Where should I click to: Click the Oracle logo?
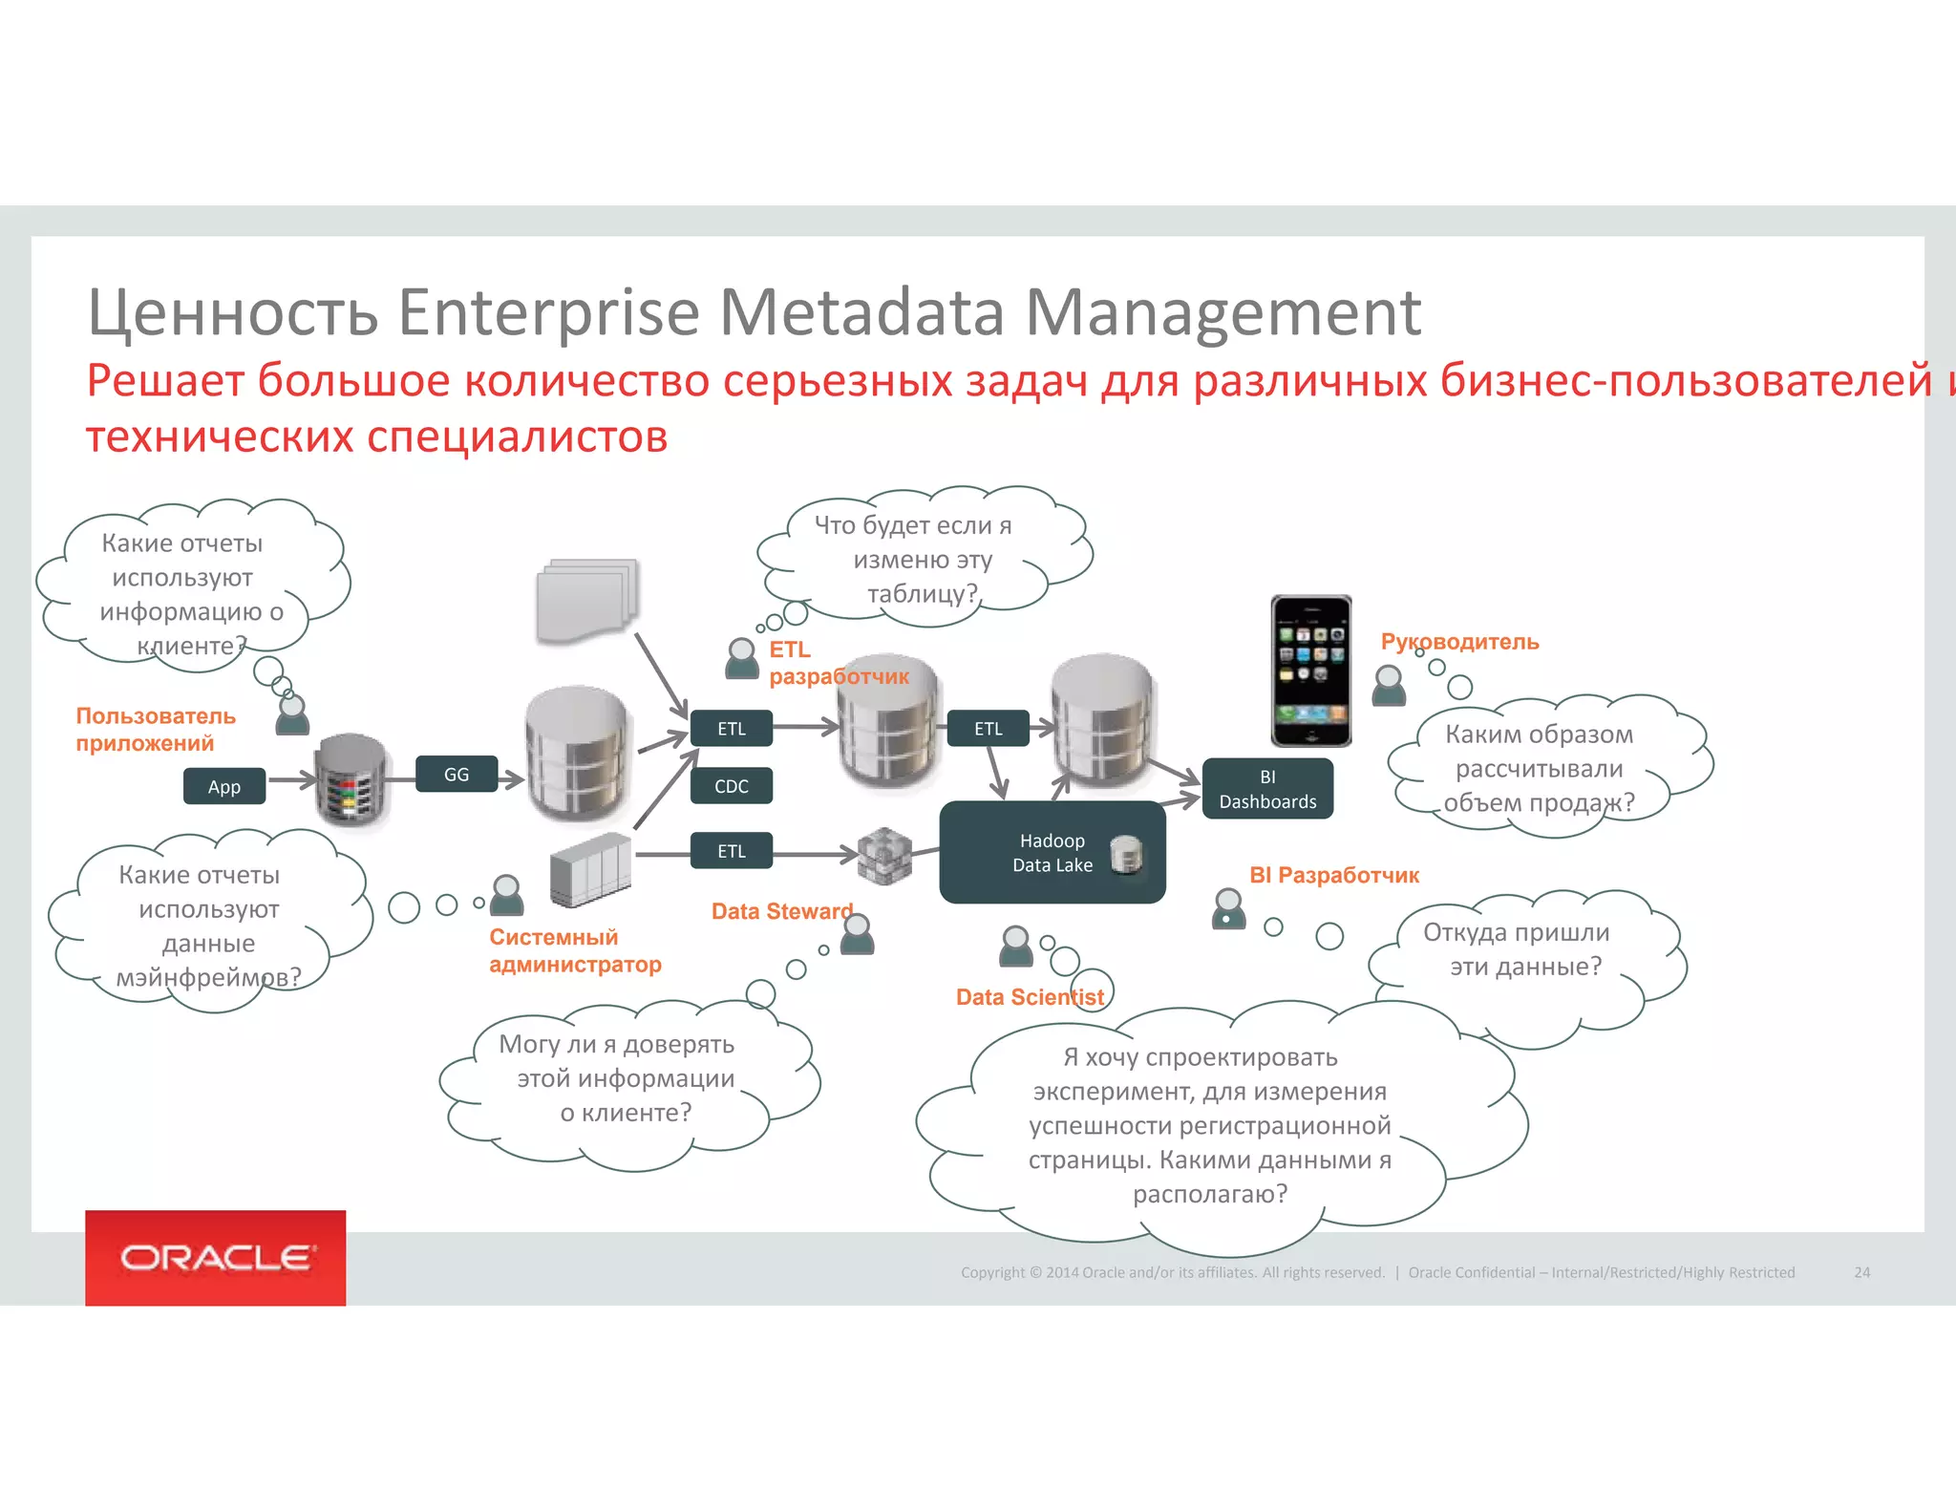[x=216, y=1257]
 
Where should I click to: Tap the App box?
[x=224, y=786]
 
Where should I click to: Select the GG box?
[x=457, y=774]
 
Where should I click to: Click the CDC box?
[x=732, y=786]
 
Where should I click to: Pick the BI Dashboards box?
[x=1267, y=789]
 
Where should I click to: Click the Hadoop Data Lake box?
[x=1052, y=853]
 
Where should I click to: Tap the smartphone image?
[x=1310, y=670]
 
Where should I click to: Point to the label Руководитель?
[x=1459, y=642]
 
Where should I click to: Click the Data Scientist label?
[x=1030, y=997]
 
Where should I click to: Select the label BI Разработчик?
[x=1334, y=875]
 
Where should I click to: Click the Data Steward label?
[x=781, y=911]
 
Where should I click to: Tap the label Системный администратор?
[x=575, y=950]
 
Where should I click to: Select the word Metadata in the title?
[x=862, y=312]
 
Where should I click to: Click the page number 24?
[x=1861, y=1272]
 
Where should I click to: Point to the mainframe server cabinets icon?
[x=590, y=869]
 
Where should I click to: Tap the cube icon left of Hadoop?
[x=884, y=855]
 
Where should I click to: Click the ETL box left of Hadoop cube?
[x=732, y=851]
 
